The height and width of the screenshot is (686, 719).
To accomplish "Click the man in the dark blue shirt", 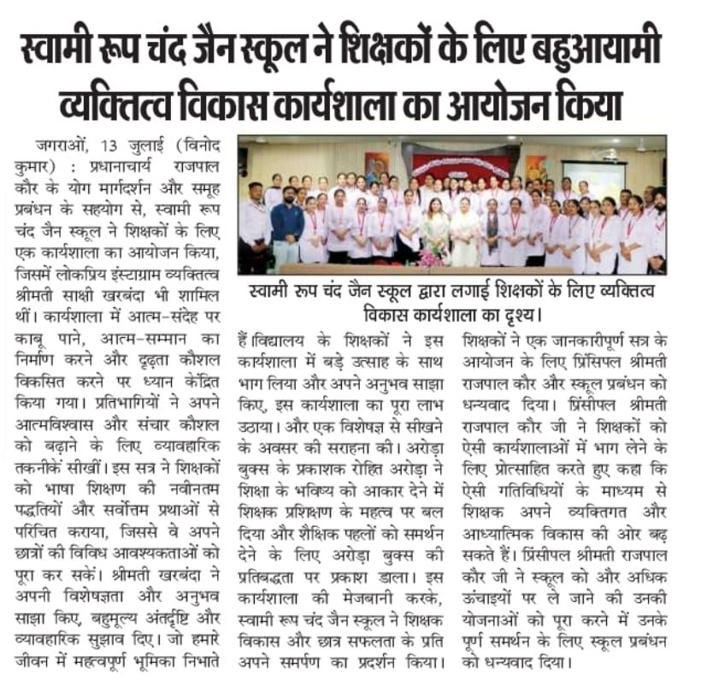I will (286, 224).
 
